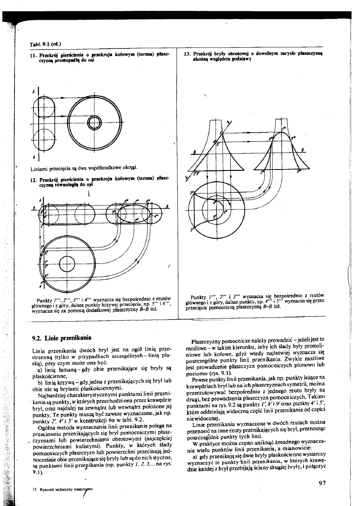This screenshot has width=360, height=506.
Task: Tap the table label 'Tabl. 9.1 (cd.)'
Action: pyautogui.click(x=45, y=44)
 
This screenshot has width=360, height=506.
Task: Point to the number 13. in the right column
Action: pyautogui.click(x=187, y=53)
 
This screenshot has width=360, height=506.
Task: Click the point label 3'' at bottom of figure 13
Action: pyautogui.click(x=192, y=229)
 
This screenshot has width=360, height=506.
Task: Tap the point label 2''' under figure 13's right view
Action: pyautogui.click(x=262, y=171)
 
